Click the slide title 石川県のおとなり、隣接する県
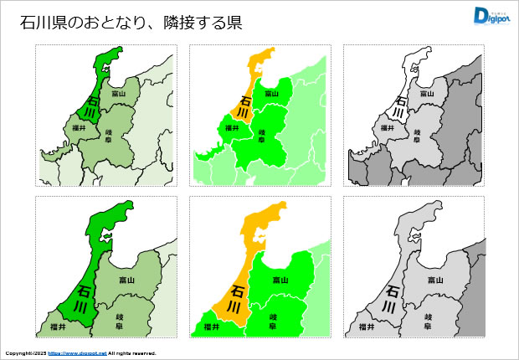click(131, 23)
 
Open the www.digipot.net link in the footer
click(78, 353)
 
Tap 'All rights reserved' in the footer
click(132, 353)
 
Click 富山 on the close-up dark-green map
click(125, 279)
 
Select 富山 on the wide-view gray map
click(426, 94)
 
